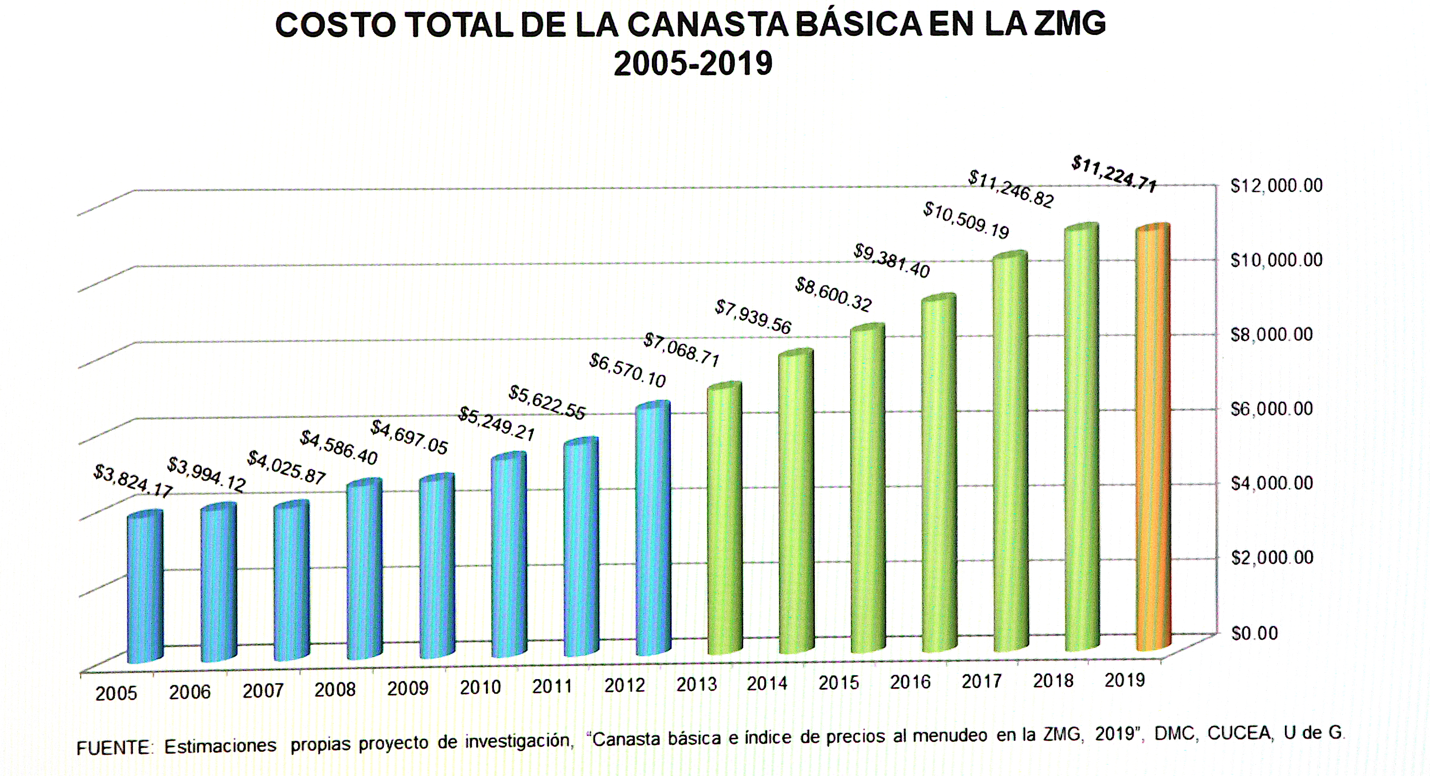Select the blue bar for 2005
(x=145, y=588)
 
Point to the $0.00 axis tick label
(x=1254, y=633)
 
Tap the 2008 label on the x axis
(x=335, y=690)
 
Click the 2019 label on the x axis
(x=1125, y=680)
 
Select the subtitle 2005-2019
(x=693, y=63)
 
